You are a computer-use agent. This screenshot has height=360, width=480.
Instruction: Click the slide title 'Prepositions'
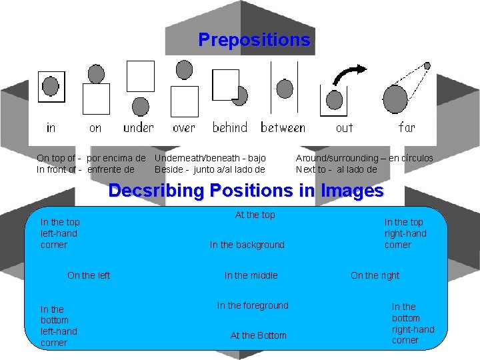pyautogui.click(x=254, y=40)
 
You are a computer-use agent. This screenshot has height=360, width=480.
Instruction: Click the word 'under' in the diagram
pyautogui.click(x=138, y=127)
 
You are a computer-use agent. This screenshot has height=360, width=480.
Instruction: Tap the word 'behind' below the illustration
pyautogui.click(x=230, y=127)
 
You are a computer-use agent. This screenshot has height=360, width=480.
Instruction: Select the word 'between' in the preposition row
pyautogui.click(x=283, y=127)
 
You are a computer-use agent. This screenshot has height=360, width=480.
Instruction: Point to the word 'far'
pyautogui.click(x=407, y=127)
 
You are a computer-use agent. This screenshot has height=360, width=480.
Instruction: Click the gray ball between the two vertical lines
pyautogui.click(x=285, y=89)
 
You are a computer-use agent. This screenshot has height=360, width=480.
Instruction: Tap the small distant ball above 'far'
pyautogui.click(x=427, y=67)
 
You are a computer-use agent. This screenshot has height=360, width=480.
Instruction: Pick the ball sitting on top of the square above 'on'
pyautogui.click(x=97, y=73)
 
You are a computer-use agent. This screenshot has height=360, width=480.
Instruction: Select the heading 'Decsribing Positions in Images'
pyautogui.click(x=246, y=191)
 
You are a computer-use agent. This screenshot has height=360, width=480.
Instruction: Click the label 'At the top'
pyautogui.click(x=255, y=215)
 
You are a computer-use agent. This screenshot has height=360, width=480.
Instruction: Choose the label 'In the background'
pyautogui.click(x=247, y=245)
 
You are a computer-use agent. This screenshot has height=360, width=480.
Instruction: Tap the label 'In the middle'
pyautogui.click(x=251, y=275)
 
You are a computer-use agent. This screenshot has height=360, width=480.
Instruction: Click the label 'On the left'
pyautogui.click(x=89, y=275)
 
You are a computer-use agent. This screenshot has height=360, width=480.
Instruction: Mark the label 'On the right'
pyautogui.click(x=375, y=275)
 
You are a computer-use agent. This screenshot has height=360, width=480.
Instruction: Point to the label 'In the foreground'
pyautogui.click(x=253, y=305)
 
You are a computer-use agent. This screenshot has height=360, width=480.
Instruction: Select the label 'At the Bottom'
pyautogui.click(x=258, y=335)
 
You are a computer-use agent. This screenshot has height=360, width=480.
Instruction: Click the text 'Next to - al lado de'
pyautogui.click(x=336, y=169)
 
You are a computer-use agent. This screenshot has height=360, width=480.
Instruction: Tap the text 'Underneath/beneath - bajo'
pyautogui.click(x=210, y=158)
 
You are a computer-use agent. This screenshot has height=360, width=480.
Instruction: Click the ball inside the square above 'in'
pyautogui.click(x=51, y=86)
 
